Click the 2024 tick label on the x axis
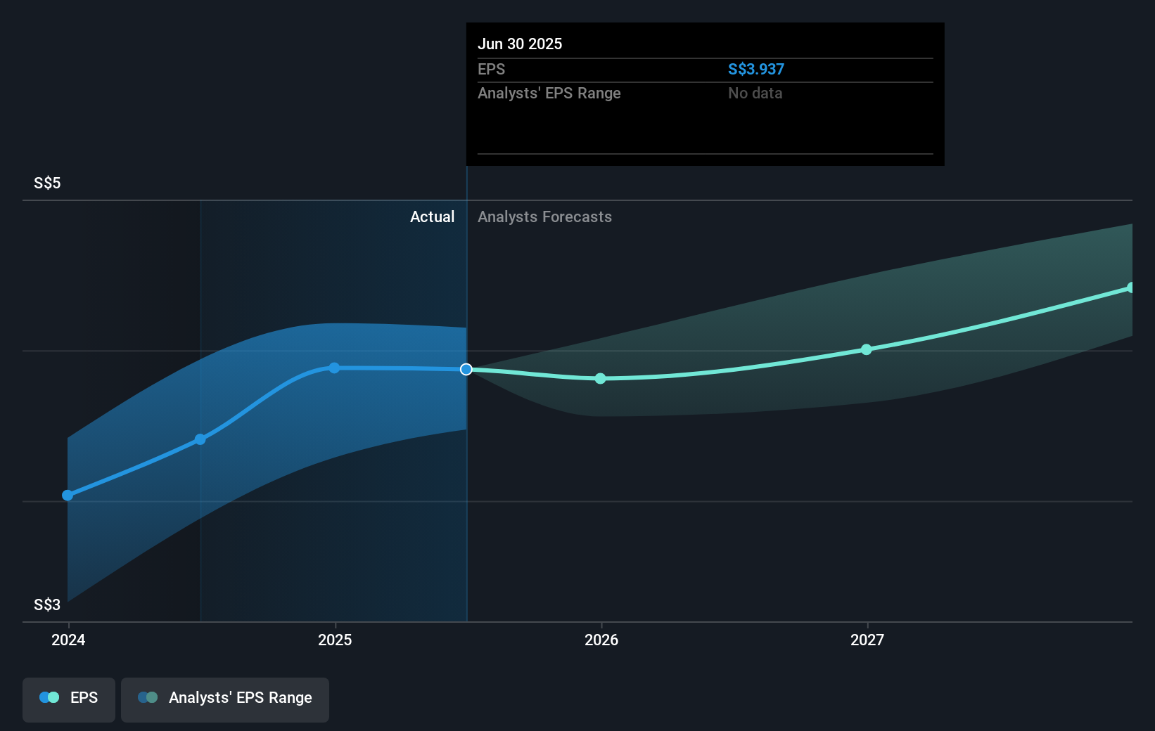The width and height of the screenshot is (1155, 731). pyautogui.click(x=68, y=640)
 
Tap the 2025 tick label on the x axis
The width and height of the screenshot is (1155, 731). pyautogui.click(x=335, y=640)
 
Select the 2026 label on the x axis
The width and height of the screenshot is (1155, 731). pyautogui.click(x=601, y=640)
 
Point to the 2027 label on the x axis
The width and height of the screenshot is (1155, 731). pyautogui.click(x=867, y=640)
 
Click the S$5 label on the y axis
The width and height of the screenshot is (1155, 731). pyautogui.click(x=47, y=183)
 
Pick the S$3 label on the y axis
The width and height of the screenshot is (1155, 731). pyautogui.click(x=47, y=605)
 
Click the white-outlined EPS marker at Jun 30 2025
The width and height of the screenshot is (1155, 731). pyautogui.click(x=466, y=370)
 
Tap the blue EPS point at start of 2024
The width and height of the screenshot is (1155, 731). pyautogui.click(x=68, y=496)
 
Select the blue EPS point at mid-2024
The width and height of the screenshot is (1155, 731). pyautogui.click(x=200, y=440)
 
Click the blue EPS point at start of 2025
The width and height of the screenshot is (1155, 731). pyautogui.click(x=335, y=368)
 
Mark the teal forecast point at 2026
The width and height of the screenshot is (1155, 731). pyautogui.click(x=601, y=379)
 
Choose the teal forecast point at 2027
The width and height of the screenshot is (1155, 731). pyautogui.click(x=867, y=350)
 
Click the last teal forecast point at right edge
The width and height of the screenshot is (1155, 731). pyautogui.click(x=1130, y=288)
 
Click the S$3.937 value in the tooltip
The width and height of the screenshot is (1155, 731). pyautogui.click(x=755, y=70)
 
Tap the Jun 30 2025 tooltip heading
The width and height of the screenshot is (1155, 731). pyautogui.click(x=520, y=44)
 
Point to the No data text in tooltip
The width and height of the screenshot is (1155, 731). pyautogui.click(x=755, y=93)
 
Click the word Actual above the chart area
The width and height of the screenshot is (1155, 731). pyautogui.click(x=432, y=217)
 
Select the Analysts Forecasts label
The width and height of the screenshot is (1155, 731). pyautogui.click(x=544, y=217)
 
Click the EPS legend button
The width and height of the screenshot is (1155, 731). pyautogui.click(x=69, y=699)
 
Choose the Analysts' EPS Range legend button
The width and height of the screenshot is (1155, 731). pyautogui.click(x=225, y=699)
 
